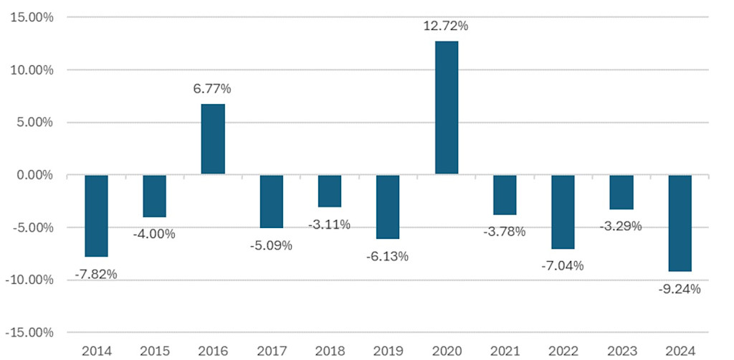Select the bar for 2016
pyautogui.click(x=213, y=139)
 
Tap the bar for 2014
pyautogui.click(x=96, y=216)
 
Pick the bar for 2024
pyautogui.click(x=680, y=223)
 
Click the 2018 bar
pyautogui.click(x=329, y=191)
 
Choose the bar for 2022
pyautogui.click(x=563, y=212)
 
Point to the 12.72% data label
pyautogui.click(x=446, y=27)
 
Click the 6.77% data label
pyautogui.click(x=212, y=89)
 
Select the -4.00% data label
pyautogui.click(x=154, y=234)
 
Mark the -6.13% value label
pyautogui.click(x=387, y=256)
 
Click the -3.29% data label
pyautogui.click(x=620, y=227)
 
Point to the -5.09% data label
pyautogui.click(x=271, y=245)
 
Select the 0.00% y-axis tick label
pyautogui.click(x=35, y=175)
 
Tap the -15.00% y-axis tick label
pyautogui.click(x=31, y=333)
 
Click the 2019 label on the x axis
pyautogui.click(x=387, y=351)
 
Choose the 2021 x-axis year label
pyautogui.click(x=504, y=351)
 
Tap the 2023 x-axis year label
pyautogui.click(x=621, y=351)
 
